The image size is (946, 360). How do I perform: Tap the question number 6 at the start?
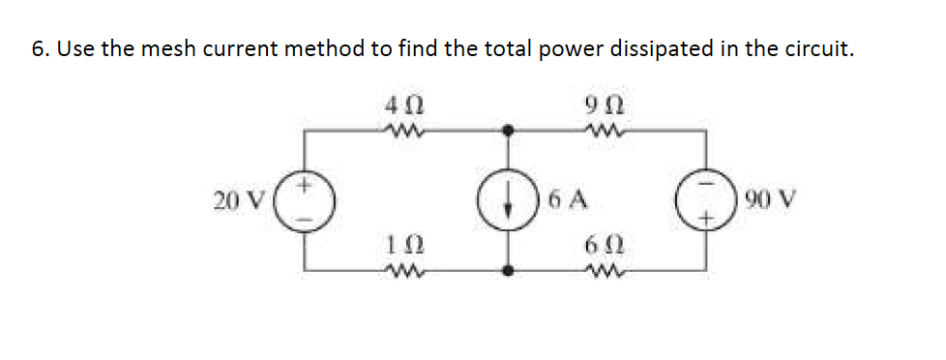pyautogui.click(x=36, y=49)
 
